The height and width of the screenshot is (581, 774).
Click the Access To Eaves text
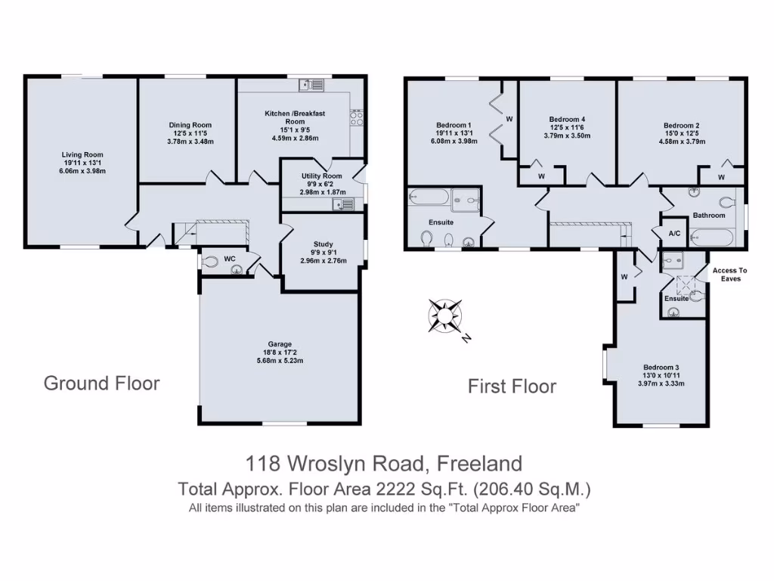[729, 275]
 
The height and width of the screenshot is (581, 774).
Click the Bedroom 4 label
[567, 119]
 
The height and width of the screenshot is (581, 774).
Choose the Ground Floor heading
[101, 383]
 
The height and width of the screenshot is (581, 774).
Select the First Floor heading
[512, 387]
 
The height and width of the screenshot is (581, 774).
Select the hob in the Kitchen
[357, 117]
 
